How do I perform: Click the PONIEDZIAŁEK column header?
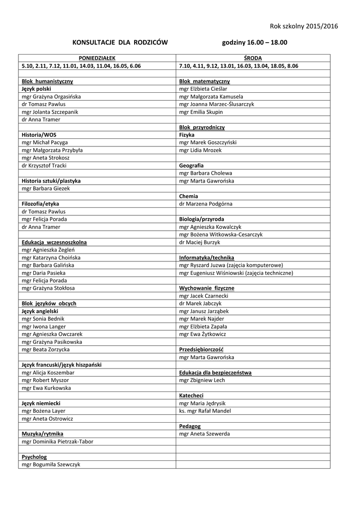(97, 58)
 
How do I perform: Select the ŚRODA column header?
(253, 58)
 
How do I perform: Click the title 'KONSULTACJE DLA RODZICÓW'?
(120, 43)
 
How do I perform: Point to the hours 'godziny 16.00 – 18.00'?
(254, 43)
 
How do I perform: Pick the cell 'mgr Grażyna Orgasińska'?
(51, 97)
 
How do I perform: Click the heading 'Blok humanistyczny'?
(48, 81)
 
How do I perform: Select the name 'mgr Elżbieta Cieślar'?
(203, 89)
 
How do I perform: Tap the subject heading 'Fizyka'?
(187, 135)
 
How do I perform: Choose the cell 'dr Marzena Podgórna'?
(206, 204)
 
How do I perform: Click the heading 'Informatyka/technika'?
(207, 258)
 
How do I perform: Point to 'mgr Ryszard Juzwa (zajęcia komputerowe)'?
(231, 265)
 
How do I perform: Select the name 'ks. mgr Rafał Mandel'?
(205, 411)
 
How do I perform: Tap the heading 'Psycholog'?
(34, 457)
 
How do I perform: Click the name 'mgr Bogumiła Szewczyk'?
(51, 465)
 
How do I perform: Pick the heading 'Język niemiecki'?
(41, 403)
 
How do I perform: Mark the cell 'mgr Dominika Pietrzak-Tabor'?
(58, 442)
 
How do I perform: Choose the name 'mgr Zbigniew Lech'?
(202, 380)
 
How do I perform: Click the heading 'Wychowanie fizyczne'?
(207, 288)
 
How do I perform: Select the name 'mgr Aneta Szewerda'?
(205, 434)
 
